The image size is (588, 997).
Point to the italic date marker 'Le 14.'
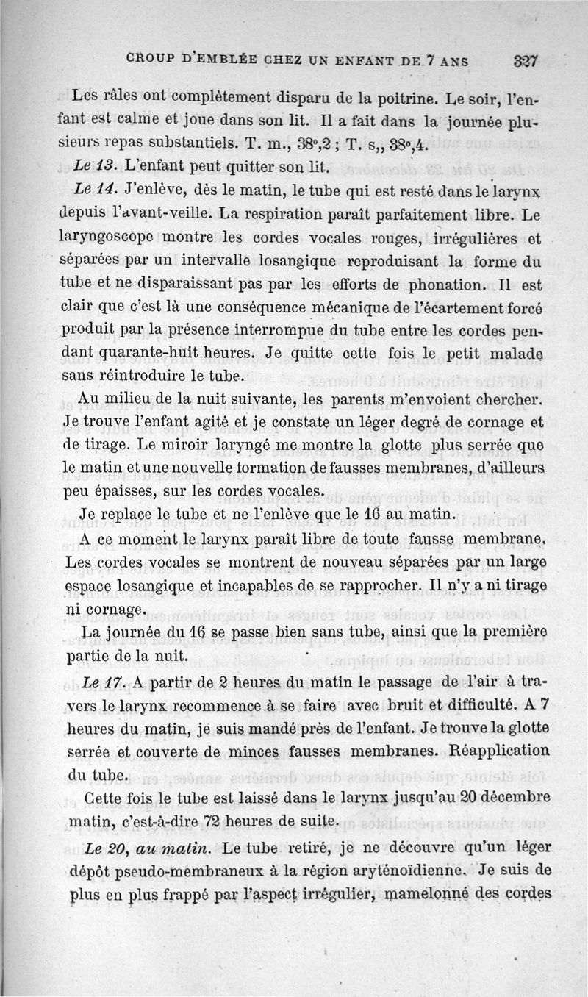point(93,191)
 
